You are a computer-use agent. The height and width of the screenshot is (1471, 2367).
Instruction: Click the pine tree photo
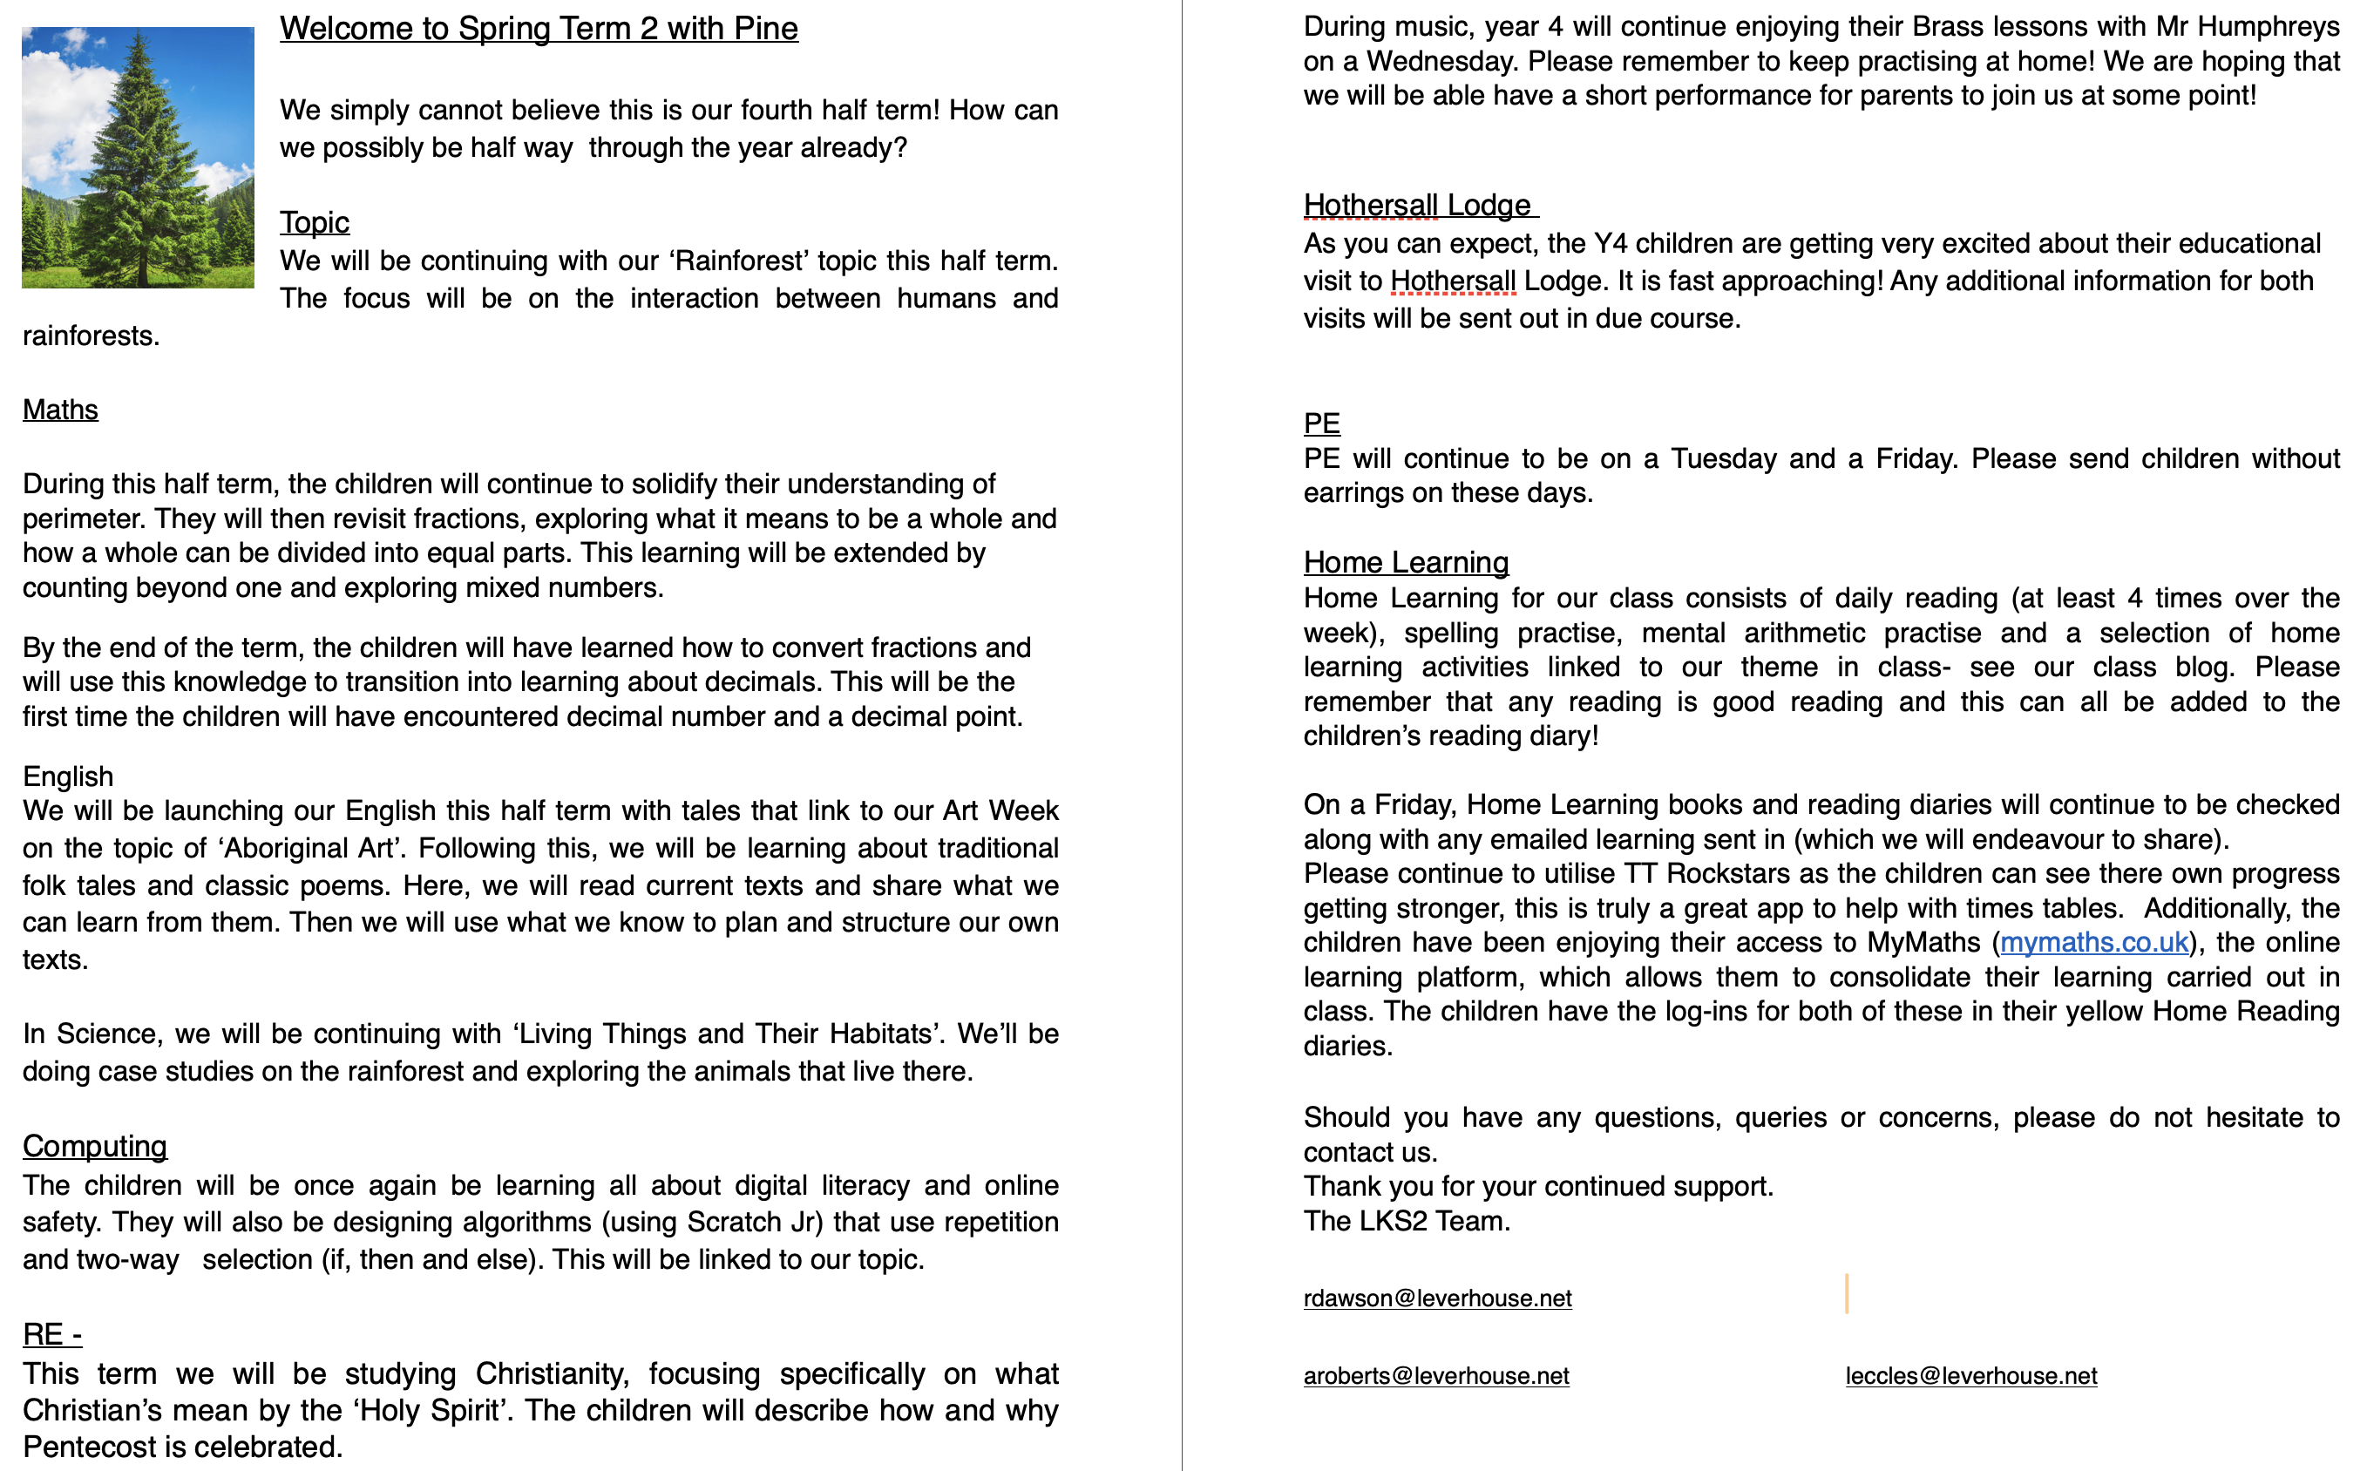click(x=139, y=158)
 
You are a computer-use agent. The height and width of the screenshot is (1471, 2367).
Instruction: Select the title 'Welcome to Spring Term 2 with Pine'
click(x=539, y=29)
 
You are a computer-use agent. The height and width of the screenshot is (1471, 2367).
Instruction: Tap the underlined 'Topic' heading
click(x=315, y=223)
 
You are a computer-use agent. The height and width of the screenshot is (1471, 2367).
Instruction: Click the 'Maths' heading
click(x=60, y=410)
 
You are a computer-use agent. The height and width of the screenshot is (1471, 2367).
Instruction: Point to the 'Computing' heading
click(x=94, y=1146)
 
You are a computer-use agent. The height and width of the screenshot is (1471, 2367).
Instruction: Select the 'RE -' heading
click(x=52, y=1334)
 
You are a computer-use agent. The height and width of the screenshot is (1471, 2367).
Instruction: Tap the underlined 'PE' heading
click(x=1321, y=424)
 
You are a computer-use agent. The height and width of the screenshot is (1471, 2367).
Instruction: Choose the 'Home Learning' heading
click(x=1406, y=562)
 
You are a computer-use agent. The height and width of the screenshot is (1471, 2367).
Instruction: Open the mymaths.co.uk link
click(x=2093, y=942)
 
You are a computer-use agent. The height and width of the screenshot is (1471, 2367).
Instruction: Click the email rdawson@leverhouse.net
click(x=1437, y=1298)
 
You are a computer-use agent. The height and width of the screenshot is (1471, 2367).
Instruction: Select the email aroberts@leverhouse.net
click(x=1436, y=1376)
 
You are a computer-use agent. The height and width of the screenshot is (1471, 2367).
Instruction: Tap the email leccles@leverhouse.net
click(x=1971, y=1376)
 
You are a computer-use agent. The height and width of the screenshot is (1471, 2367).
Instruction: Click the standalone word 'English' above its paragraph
click(x=68, y=776)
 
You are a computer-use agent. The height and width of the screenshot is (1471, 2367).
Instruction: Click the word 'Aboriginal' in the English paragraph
click(x=287, y=849)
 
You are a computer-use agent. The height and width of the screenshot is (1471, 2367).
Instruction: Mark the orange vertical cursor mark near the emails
click(x=1846, y=1294)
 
